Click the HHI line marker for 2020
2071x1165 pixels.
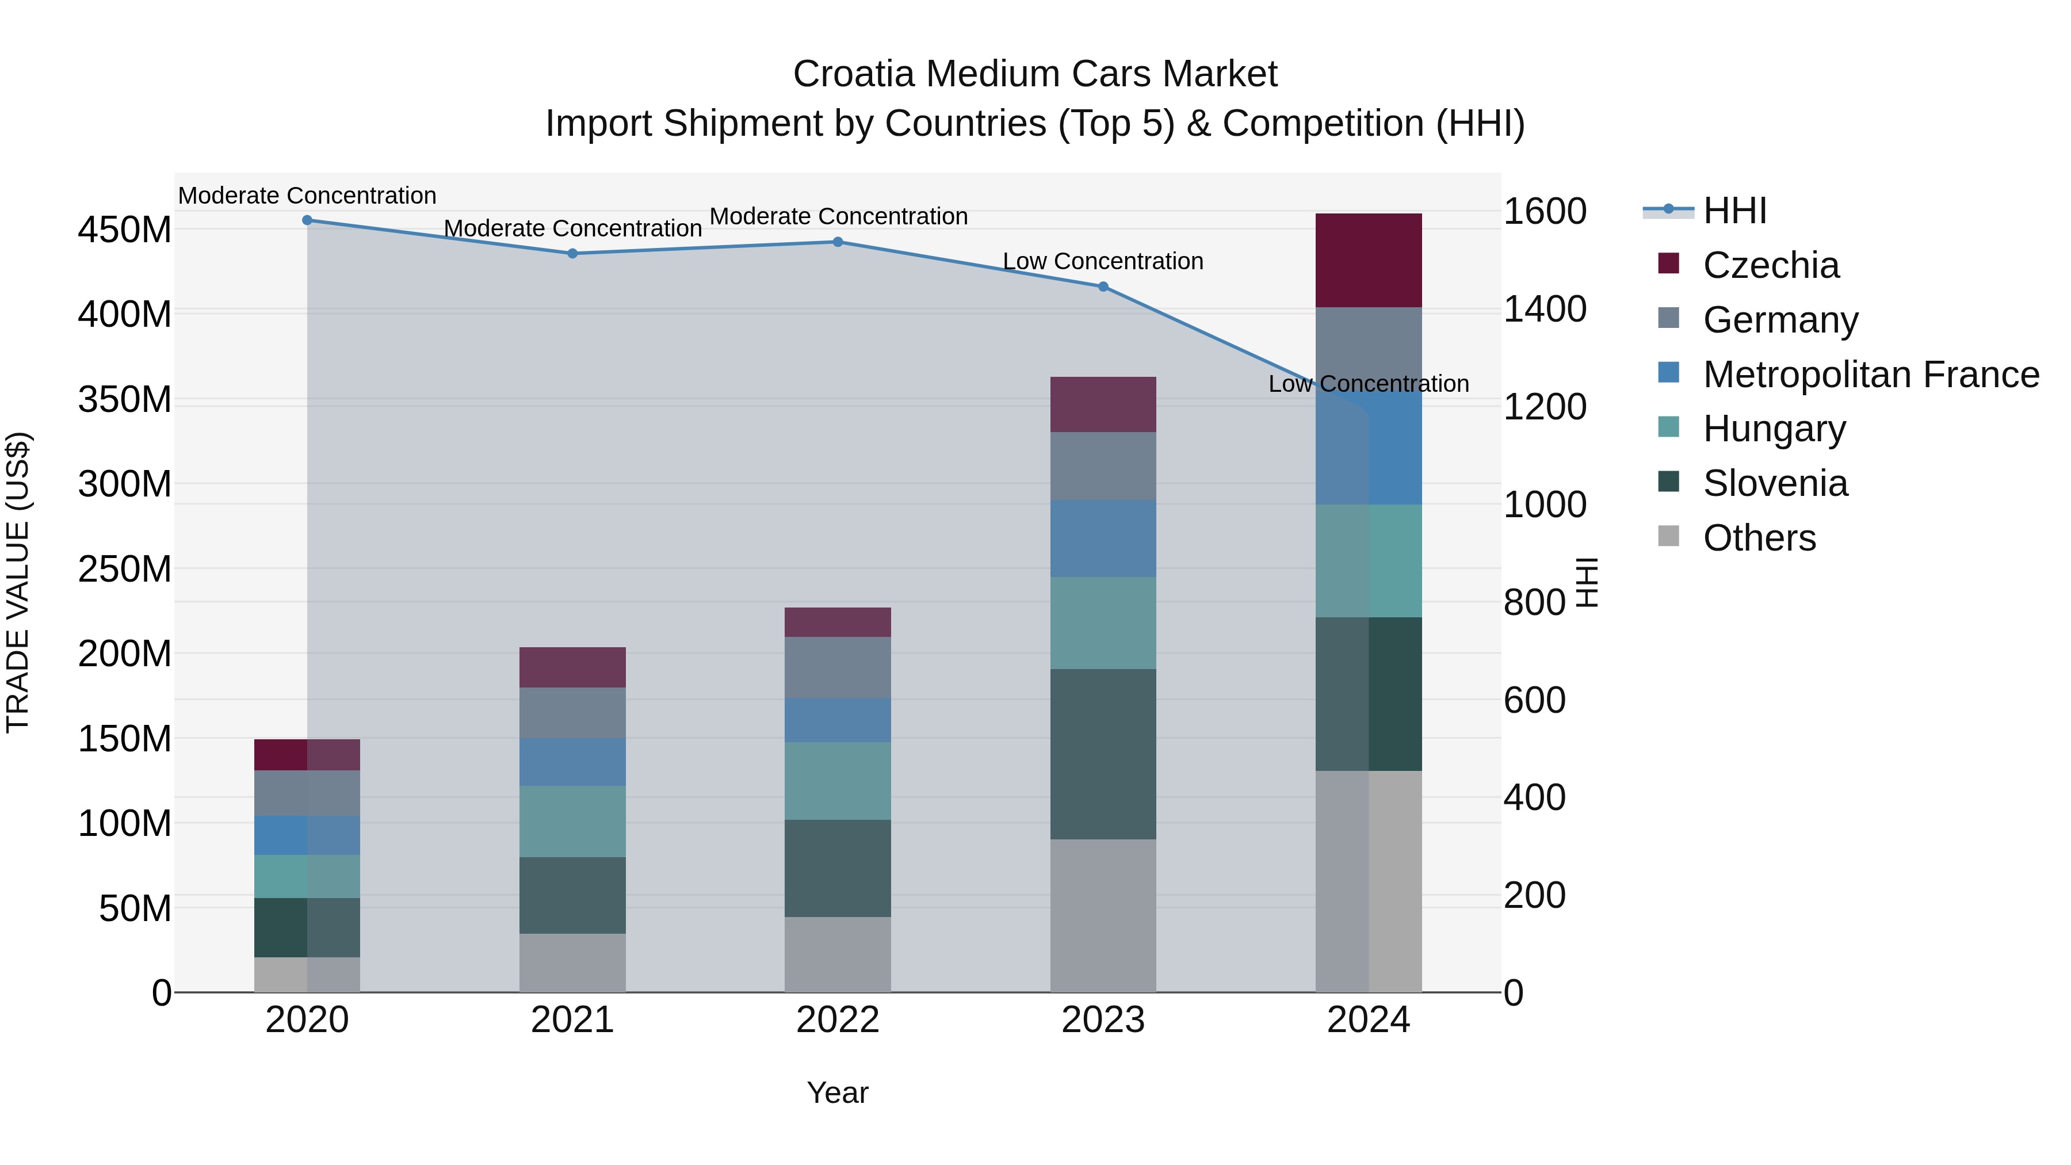307,220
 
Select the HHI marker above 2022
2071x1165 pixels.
838,242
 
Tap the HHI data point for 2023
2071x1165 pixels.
1103,287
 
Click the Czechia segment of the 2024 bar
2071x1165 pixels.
1369,261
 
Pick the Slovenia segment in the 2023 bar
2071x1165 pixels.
1103,754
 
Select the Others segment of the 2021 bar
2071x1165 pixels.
572,962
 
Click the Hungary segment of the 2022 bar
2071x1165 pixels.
838,781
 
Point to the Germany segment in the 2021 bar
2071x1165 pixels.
572,713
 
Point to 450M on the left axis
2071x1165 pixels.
125,230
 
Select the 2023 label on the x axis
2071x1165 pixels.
1103,1020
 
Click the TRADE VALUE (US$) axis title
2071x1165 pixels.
18,582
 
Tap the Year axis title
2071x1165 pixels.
838,1093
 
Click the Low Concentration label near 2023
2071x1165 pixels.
1103,261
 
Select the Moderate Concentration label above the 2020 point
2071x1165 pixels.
307,196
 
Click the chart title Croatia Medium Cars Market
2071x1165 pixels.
1035,74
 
